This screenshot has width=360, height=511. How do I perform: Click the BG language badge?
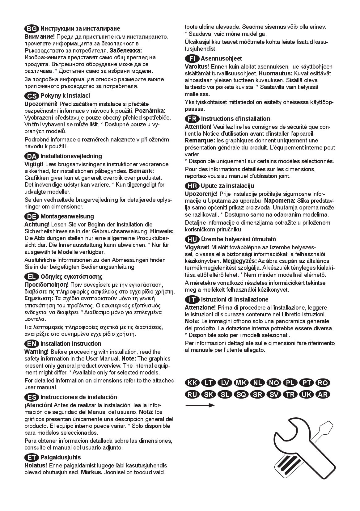(x=32, y=29)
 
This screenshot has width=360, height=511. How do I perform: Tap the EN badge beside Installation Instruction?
(x=32, y=344)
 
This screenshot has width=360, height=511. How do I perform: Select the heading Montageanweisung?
(x=67, y=216)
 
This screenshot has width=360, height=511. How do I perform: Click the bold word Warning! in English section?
(x=36, y=352)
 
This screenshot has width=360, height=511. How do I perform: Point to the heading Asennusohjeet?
(x=221, y=58)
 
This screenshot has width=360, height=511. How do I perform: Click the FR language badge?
(x=192, y=119)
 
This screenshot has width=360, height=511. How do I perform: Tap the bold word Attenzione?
(x=200, y=307)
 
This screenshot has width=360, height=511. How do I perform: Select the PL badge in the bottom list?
(x=290, y=383)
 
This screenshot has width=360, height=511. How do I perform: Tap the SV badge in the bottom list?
(x=273, y=395)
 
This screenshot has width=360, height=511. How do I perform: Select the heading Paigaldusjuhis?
(x=61, y=457)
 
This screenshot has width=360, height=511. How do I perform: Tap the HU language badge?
(x=192, y=239)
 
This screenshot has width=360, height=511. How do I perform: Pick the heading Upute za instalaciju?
(x=227, y=186)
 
